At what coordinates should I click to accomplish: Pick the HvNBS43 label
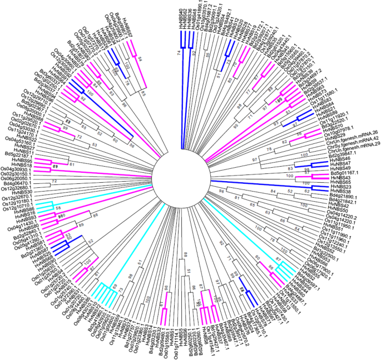(341, 178)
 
